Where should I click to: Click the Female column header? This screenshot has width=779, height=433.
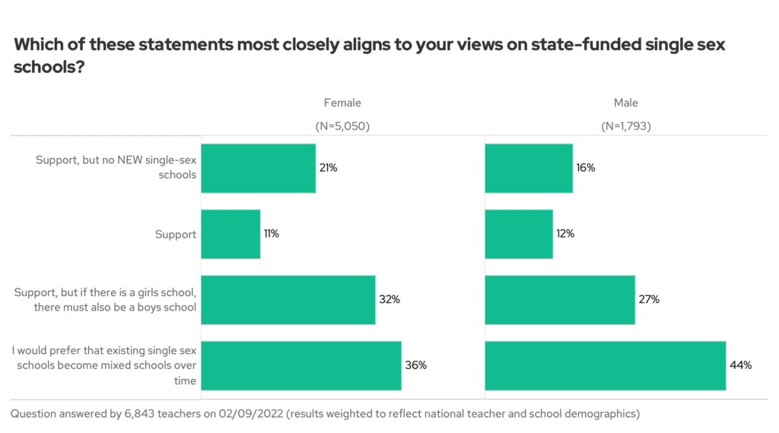[x=342, y=103]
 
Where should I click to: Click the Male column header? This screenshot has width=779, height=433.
[x=626, y=103]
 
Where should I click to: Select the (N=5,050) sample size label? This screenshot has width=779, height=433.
[x=342, y=126]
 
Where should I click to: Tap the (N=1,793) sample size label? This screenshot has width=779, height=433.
[x=626, y=126]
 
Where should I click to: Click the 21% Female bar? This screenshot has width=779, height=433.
[x=258, y=167]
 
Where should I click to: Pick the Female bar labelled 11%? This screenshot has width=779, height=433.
[x=231, y=234]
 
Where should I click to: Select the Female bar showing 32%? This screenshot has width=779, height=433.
[x=288, y=300]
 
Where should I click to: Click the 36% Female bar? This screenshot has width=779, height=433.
[x=300, y=365]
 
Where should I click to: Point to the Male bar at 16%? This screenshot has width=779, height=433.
[x=529, y=167]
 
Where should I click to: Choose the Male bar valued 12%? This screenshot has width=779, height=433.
[x=519, y=234]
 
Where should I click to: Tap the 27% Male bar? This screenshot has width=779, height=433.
[x=560, y=300]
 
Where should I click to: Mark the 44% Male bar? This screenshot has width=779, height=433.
[x=605, y=365]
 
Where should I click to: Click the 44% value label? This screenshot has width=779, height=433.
[x=742, y=365]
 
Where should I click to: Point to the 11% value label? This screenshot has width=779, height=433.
[x=272, y=234]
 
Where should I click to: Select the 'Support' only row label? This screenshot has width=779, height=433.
[x=175, y=234]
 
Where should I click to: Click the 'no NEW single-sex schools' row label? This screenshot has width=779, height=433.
[x=116, y=167]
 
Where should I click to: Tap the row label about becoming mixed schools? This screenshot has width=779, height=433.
[x=104, y=365]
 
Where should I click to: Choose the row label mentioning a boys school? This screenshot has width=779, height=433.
[x=106, y=300]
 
